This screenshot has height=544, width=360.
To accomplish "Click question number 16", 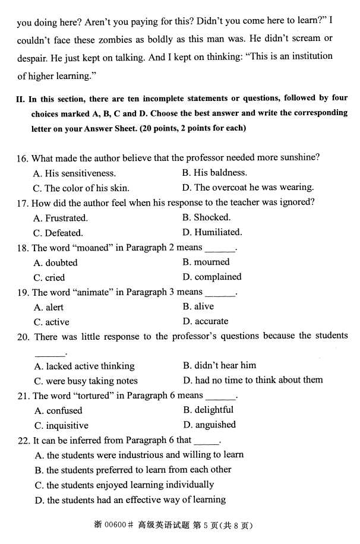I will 23,159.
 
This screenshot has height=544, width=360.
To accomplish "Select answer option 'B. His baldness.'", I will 214,173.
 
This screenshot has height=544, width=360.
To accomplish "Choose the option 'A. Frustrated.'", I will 61,218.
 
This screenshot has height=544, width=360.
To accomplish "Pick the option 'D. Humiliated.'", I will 212,232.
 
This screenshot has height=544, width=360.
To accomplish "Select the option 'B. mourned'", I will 206,262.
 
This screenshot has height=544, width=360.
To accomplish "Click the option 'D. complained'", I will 212,277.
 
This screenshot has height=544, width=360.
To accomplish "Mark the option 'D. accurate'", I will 206,321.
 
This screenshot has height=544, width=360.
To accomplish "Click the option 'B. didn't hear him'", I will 219,365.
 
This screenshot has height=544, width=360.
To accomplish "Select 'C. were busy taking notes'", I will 86,381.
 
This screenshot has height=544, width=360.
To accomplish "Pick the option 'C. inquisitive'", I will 61,425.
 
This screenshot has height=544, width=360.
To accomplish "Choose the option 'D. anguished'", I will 209,425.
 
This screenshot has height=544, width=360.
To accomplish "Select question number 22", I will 23,440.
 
